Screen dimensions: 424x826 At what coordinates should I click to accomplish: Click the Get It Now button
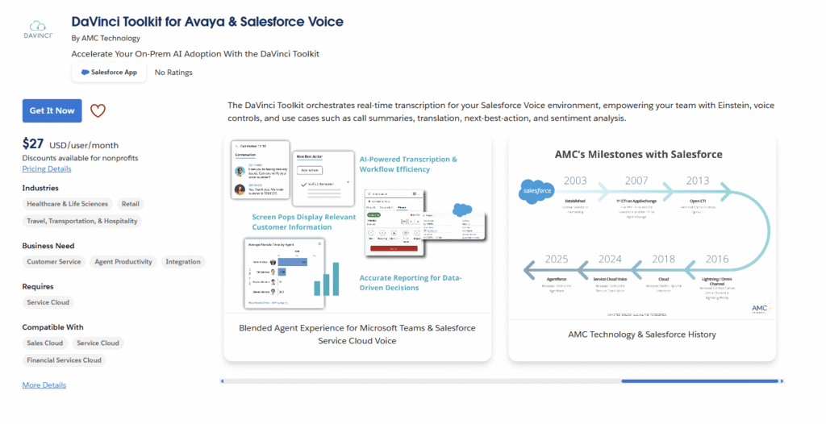point(52,110)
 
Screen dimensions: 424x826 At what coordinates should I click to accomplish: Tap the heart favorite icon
point(98,111)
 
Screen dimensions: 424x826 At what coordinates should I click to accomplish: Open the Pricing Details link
point(47,168)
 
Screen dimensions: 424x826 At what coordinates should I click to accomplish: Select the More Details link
point(44,385)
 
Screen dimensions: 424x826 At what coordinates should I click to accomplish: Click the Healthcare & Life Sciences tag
point(68,204)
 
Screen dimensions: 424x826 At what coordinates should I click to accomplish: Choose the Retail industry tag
point(130,204)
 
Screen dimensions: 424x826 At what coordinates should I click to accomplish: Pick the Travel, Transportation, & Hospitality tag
point(82,221)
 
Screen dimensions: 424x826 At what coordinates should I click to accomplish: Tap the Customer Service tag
point(54,261)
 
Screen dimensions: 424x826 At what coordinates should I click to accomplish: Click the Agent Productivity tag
point(123,261)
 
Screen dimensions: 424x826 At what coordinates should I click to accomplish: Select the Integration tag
point(183,261)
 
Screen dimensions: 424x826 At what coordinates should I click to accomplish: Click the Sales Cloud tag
point(45,343)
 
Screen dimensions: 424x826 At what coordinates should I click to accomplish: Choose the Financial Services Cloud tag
point(65,360)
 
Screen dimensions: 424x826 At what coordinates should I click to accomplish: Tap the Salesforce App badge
point(109,73)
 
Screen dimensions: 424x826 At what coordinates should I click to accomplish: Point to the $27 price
point(34,143)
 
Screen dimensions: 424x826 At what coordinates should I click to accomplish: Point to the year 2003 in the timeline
point(575,180)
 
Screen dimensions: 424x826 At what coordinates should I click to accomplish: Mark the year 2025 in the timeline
point(557,259)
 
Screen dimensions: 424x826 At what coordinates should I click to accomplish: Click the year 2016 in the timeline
point(716,259)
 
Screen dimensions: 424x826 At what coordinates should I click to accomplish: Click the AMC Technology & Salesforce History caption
point(642,334)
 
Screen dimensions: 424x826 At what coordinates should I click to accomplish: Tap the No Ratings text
point(173,73)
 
